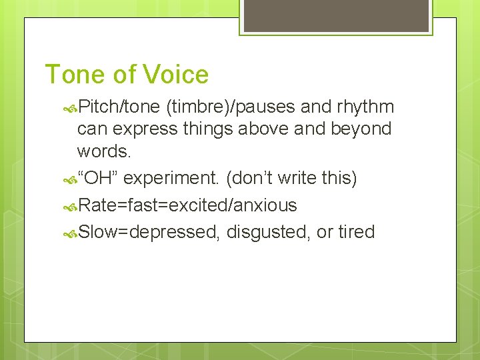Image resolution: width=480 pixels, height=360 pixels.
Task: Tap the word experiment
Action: click(x=172, y=179)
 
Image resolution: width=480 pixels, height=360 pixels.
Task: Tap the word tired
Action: click(x=356, y=232)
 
